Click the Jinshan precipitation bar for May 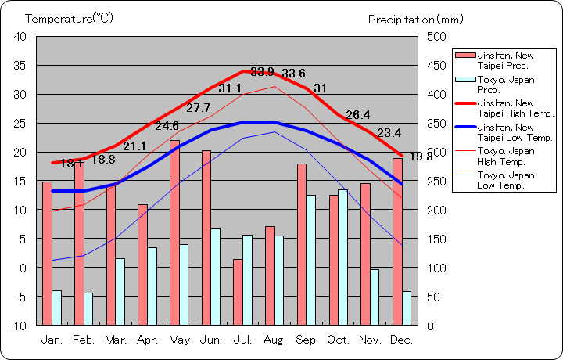pos(174,232)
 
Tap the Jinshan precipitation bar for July pos(238,292)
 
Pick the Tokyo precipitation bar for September pos(311,260)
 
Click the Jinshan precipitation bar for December pos(397,241)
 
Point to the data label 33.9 pos(262,72)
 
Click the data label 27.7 pos(198,108)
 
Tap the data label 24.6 pos(167,126)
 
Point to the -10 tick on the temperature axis pos(20,325)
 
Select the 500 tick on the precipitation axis pos(436,37)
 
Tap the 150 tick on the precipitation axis pos(436,239)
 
